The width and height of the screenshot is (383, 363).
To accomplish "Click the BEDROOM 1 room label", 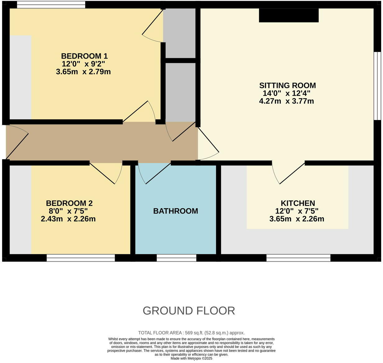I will (x=84, y=56).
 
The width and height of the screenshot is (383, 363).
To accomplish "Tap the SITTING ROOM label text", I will (x=287, y=85).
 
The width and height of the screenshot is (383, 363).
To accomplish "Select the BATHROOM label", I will (x=175, y=211).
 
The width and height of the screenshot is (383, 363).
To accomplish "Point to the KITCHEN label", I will (x=298, y=203).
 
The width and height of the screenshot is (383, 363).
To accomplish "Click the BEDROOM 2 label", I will (x=69, y=203).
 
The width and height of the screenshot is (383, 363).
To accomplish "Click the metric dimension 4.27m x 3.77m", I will (x=286, y=101).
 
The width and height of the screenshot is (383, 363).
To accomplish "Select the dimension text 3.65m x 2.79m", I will (x=83, y=72).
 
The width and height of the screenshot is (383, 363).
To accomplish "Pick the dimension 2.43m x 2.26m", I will (x=68, y=219).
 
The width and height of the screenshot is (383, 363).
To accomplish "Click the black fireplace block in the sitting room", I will (x=288, y=16).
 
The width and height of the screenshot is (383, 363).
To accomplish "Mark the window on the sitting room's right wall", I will (x=377, y=86).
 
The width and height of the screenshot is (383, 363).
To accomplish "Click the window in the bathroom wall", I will (x=176, y=258).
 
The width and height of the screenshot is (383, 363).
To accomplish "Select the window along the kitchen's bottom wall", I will (x=298, y=258).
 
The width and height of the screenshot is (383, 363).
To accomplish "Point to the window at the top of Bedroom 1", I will (x=51, y=5).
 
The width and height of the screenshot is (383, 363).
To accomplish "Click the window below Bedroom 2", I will (x=81, y=258).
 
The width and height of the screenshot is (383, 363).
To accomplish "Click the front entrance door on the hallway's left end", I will (x=17, y=141).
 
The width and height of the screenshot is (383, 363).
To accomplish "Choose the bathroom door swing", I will (x=154, y=173).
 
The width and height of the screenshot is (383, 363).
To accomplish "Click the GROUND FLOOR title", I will (x=189, y=310).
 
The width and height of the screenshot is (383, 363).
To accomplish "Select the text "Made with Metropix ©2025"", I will (x=191, y=358).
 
